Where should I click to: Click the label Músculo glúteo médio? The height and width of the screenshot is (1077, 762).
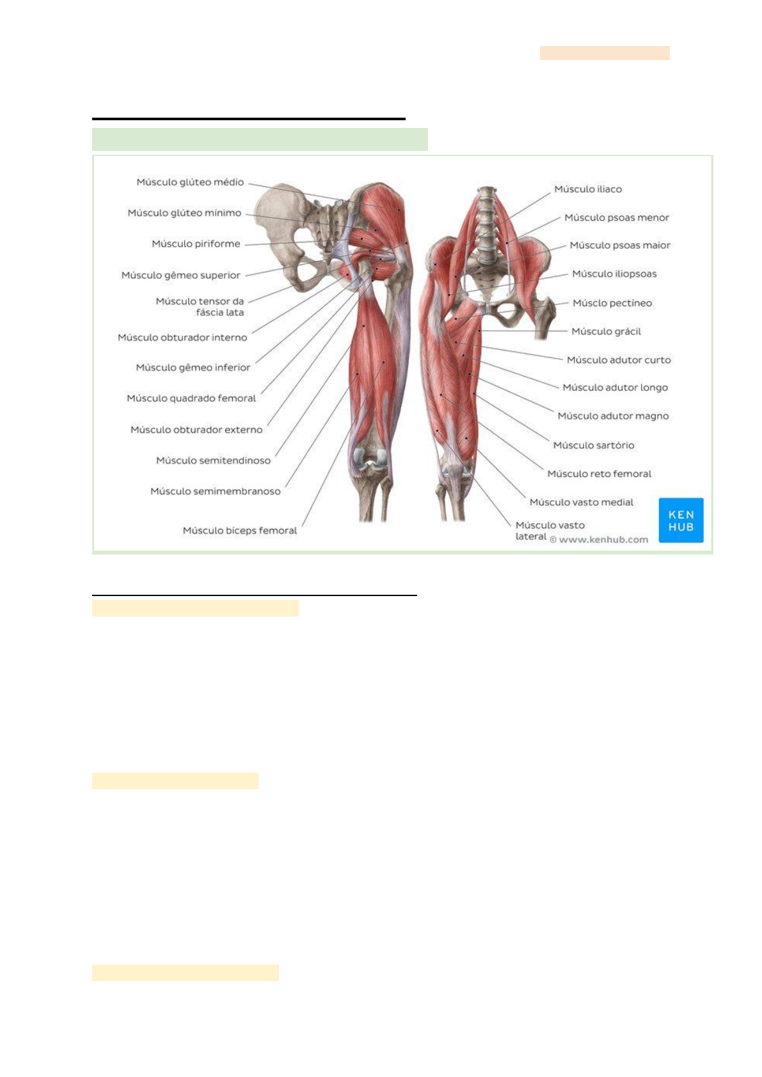[190, 182]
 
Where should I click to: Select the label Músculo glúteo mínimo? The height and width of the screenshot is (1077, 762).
[184, 213]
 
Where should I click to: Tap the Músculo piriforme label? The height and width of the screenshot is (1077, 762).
[196, 244]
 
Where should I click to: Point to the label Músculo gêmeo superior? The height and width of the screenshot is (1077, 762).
[181, 275]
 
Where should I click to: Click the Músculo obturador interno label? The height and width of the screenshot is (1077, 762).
[182, 337]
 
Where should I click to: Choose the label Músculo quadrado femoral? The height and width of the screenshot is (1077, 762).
[191, 398]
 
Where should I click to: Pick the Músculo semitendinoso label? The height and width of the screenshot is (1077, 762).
[213, 460]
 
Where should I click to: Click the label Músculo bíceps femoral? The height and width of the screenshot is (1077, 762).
[240, 530]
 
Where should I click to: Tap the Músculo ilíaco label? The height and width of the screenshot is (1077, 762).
[588, 189]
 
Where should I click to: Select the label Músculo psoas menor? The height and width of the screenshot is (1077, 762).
[617, 217]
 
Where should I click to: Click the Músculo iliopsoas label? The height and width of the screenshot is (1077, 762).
[614, 274]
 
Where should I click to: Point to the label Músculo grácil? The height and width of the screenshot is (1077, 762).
[606, 331]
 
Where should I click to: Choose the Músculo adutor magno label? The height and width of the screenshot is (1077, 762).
[613, 416]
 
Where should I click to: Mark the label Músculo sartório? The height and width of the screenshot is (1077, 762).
[594, 445]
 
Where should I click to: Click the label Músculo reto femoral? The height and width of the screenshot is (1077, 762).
[599, 474]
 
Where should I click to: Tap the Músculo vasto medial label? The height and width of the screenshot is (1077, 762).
[581, 502]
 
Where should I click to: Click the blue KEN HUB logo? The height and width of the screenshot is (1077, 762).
[681, 520]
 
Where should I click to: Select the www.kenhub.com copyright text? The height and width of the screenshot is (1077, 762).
[599, 540]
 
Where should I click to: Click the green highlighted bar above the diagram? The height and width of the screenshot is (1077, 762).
[260, 139]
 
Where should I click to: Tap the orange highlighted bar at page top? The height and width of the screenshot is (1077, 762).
[605, 52]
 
